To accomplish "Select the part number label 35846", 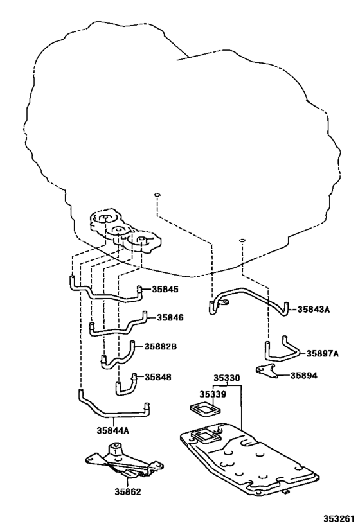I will click(x=170, y=317).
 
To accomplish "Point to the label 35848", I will click(x=157, y=377).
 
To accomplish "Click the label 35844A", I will click(x=114, y=430).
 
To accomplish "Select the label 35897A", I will click(x=322, y=353).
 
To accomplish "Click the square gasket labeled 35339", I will click(x=204, y=410).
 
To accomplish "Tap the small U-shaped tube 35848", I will click(x=125, y=383).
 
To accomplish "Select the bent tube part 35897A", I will click(x=279, y=352).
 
